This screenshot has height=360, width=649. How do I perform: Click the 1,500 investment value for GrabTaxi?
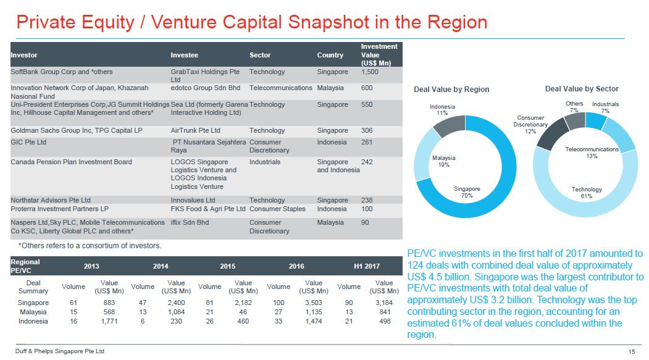pyautogui.click(x=369, y=72)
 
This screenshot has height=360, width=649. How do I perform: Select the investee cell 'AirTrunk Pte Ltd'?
pyautogui.click(x=195, y=131)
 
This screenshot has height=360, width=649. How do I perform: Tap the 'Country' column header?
pyautogui.click(x=330, y=55)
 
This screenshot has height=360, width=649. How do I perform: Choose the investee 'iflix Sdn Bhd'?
pyautogui.click(x=190, y=222)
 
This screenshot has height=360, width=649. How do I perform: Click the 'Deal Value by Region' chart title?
pyautogui.click(x=451, y=90)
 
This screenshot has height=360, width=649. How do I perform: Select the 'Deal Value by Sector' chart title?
pyautogui.click(x=582, y=89)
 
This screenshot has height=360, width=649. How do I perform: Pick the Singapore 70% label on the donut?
pyautogui.click(x=467, y=192)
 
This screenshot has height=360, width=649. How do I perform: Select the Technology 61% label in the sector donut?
pyautogui.click(x=586, y=193)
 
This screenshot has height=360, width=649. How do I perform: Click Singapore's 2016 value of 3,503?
pyautogui.click(x=314, y=303)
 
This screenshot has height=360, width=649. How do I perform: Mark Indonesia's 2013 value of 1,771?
pyautogui.click(x=109, y=321)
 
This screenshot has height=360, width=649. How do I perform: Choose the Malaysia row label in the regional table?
pyautogui.click(x=33, y=312)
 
